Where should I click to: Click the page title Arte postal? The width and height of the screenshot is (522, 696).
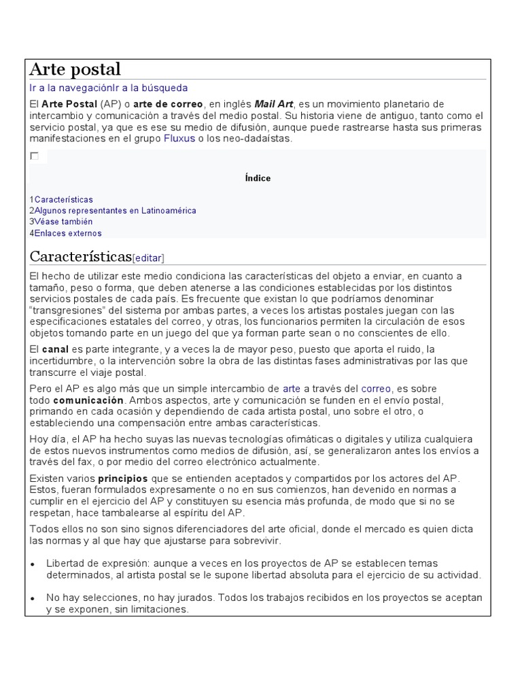click(75, 69)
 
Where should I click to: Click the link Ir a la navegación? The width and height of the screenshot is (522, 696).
click(70, 88)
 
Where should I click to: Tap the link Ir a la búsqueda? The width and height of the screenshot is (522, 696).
click(150, 88)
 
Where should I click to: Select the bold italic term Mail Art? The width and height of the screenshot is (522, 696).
click(274, 104)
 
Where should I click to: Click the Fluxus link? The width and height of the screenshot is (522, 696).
click(179, 139)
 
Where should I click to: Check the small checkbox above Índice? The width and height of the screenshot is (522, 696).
click(34, 156)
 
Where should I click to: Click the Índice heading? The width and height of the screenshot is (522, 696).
click(258, 178)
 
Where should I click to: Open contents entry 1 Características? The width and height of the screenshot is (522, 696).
click(63, 200)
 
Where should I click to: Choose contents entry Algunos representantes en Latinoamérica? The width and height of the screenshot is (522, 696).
click(115, 211)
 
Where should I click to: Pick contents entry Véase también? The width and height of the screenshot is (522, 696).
click(63, 222)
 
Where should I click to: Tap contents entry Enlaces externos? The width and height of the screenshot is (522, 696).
click(67, 233)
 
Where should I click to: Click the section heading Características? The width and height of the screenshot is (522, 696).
click(80, 256)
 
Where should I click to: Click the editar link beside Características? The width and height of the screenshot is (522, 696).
click(148, 258)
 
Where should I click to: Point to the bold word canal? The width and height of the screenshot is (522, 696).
click(56, 349)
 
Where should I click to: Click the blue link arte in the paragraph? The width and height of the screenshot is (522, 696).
click(292, 389)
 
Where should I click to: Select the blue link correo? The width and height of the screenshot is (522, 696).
click(376, 389)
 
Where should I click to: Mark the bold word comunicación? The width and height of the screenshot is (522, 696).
click(88, 400)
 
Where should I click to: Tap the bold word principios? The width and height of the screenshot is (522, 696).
click(123, 478)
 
